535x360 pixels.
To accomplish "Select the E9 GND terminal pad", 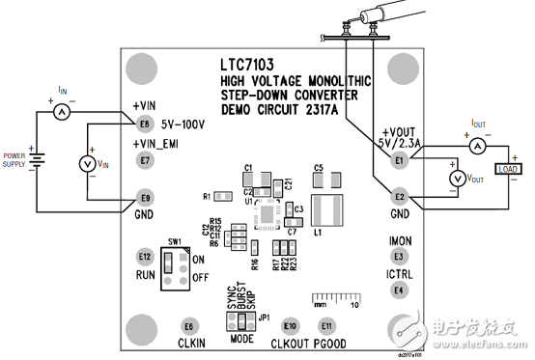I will [146, 195].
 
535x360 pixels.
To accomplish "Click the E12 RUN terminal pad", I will [145, 257].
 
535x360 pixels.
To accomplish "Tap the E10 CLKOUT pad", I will [291, 324].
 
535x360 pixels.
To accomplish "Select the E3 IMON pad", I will [398, 257].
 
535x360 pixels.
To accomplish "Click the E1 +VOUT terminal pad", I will [399, 162].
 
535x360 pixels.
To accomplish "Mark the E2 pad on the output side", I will [399, 196].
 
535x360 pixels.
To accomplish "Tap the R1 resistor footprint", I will [221, 196].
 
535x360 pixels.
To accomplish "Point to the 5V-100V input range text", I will [188, 124].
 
